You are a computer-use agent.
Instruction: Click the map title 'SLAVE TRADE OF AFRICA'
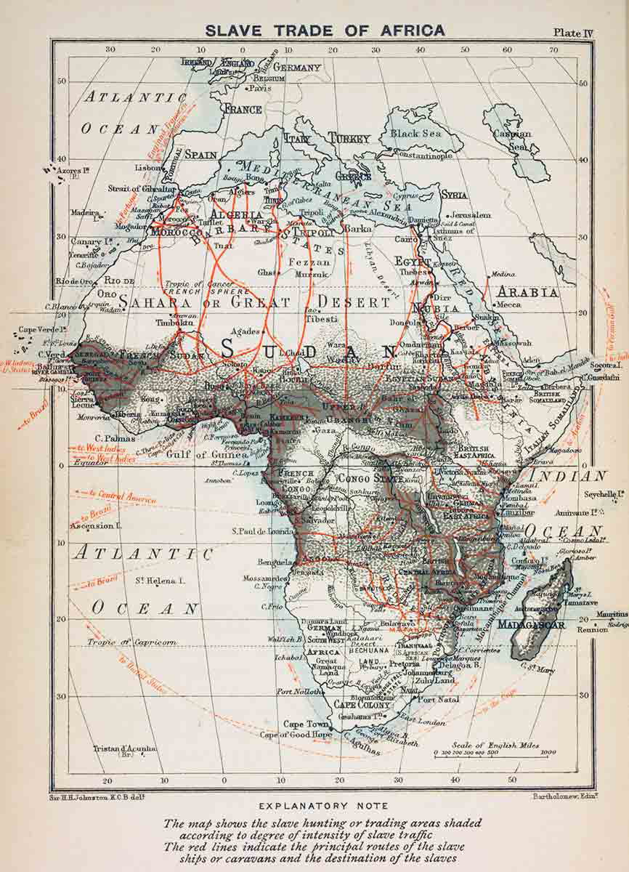[x=325, y=31]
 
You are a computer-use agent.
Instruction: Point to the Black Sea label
[x=415, y=134]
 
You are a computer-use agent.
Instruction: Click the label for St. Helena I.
[x=159, y=581]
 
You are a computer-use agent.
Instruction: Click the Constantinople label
[x=424, y=156]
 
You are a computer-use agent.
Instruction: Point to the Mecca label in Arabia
[x=509, y=304]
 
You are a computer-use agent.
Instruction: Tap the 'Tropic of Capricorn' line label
[x=131, y=642]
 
